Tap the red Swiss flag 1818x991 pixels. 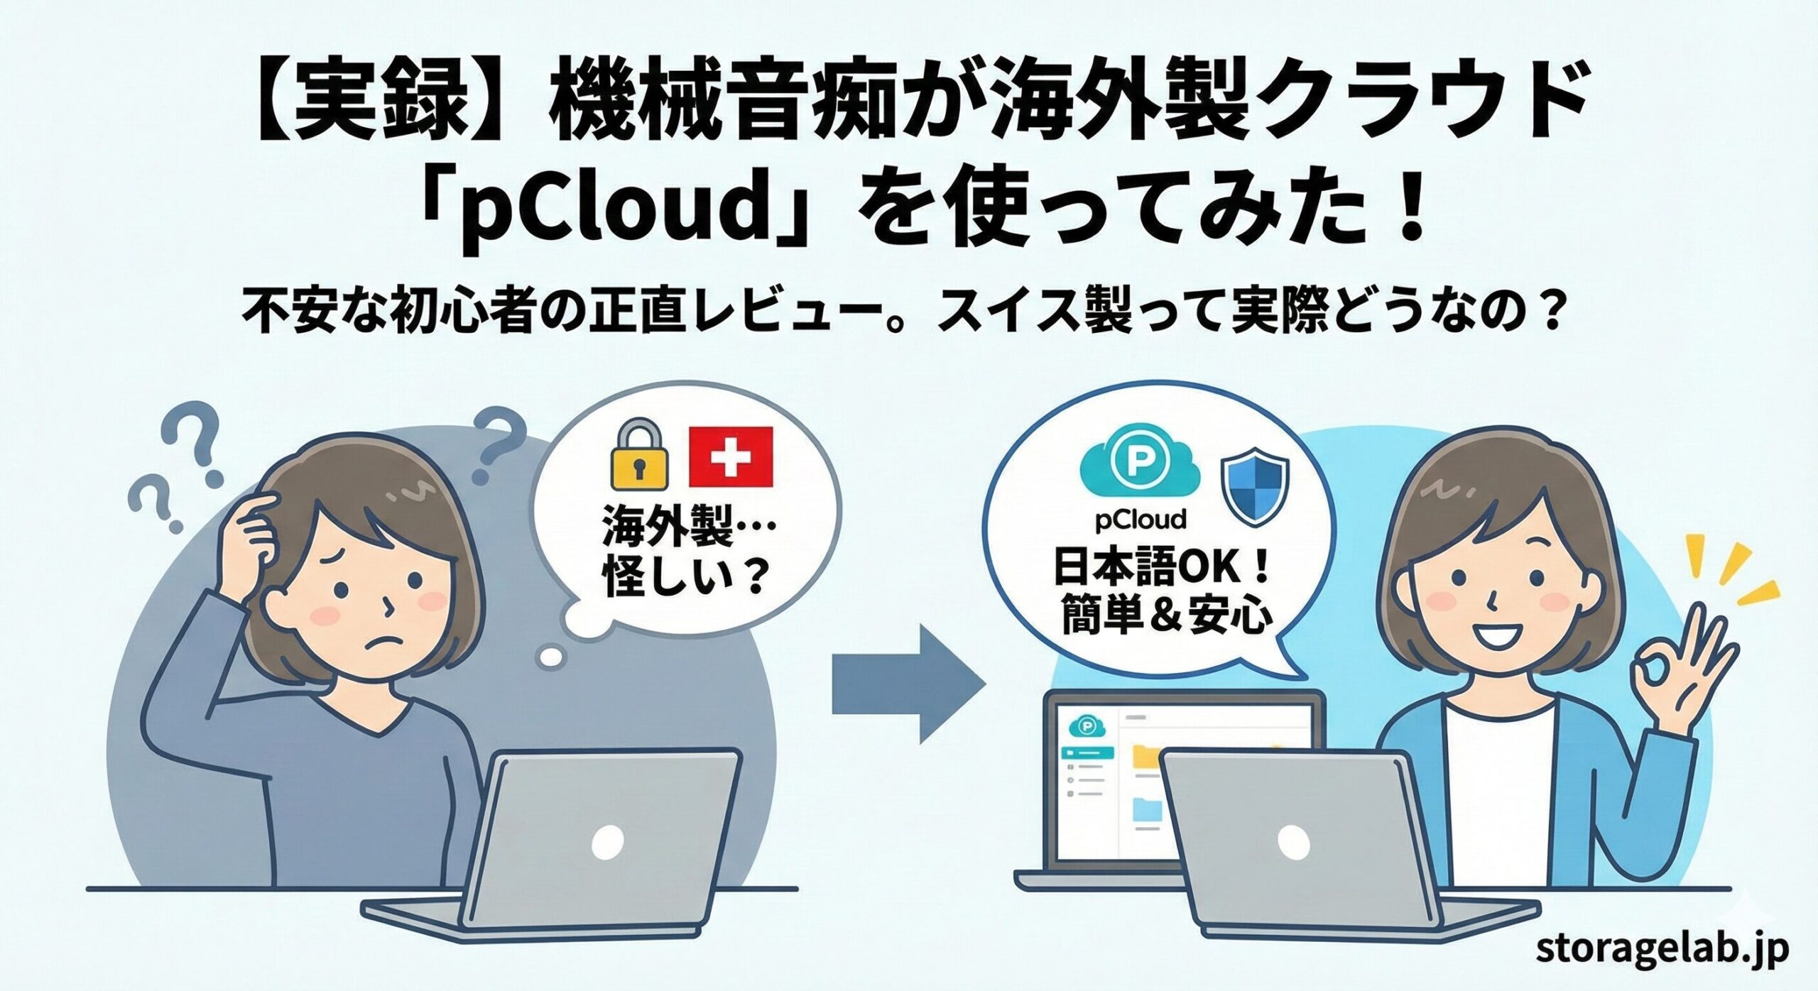click(731, 457)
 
